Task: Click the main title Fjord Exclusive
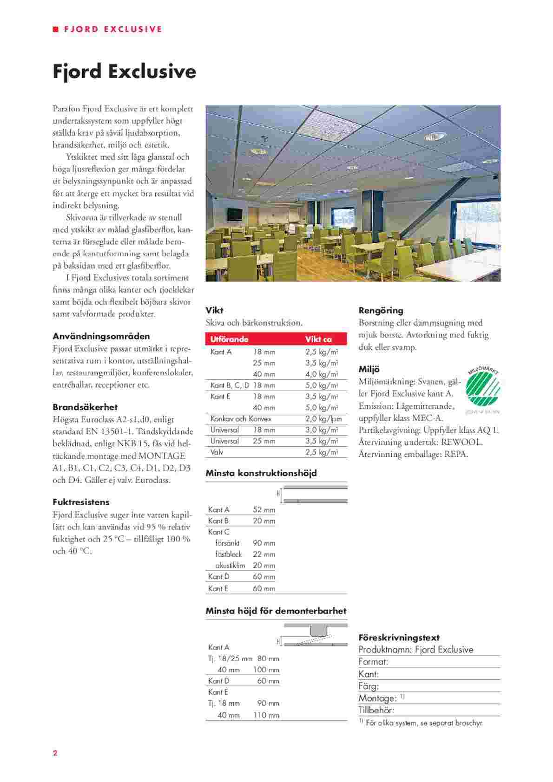click(124, 72)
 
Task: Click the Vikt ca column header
click(318, 339)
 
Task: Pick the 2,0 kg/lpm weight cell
click(323, 419)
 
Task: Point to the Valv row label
click(217, 452)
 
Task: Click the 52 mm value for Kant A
click(264, 510)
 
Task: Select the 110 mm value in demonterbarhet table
click(266, 716)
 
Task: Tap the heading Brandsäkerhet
click(85, 407)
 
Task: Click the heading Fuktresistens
click(81, 502)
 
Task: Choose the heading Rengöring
click(381, 311)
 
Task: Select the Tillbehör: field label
click(376, 710)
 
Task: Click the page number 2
click(55, 753)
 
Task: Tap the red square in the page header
click(56, 29)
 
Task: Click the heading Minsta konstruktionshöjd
click(261, 473)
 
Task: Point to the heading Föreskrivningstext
click(399, 638)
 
